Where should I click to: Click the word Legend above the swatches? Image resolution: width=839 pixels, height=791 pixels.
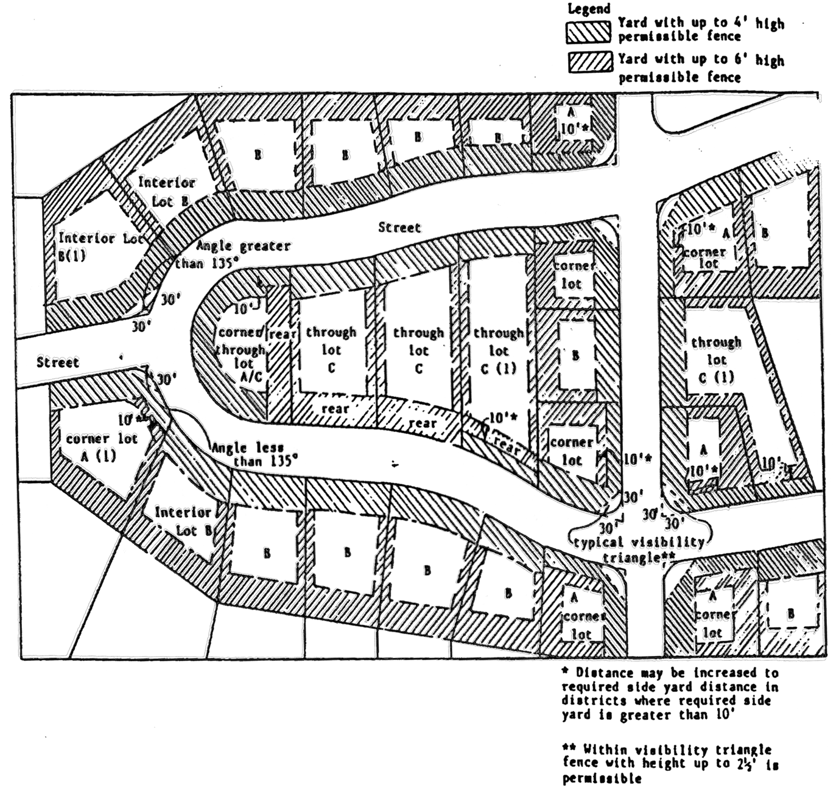588,9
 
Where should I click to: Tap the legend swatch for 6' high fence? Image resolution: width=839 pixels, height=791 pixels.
591,63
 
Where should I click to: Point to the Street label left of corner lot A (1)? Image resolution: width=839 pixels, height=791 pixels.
58,363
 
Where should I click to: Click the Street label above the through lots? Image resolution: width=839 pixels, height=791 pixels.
399,228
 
